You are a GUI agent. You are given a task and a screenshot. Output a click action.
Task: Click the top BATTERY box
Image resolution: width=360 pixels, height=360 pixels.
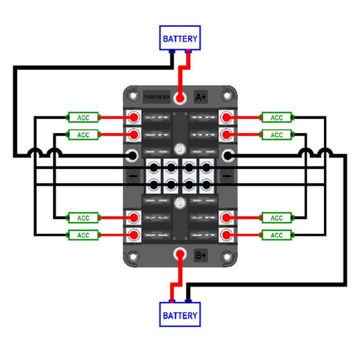180,38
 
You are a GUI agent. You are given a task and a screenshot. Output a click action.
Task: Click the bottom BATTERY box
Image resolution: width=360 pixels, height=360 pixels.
180,316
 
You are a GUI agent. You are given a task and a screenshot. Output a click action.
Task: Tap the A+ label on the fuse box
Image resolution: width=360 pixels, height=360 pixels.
201,97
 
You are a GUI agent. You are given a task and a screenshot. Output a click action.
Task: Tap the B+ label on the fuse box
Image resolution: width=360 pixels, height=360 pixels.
200,254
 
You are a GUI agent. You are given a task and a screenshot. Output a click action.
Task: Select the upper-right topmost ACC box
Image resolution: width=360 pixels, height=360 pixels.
275,118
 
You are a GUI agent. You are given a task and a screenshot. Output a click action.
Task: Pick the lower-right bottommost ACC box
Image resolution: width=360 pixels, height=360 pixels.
275,235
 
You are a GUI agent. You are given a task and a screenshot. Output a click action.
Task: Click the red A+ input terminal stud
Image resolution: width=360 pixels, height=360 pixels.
180,98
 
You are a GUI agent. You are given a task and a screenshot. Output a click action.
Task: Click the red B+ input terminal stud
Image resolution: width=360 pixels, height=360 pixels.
180,254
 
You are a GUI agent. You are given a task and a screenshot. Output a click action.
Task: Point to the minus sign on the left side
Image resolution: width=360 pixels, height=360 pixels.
134,178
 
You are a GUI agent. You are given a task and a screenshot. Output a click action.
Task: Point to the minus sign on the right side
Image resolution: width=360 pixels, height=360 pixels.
226,178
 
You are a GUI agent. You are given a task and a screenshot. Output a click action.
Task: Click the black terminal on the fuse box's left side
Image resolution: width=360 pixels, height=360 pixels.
134,157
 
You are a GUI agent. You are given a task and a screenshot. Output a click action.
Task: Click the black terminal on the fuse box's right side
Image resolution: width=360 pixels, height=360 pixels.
226,157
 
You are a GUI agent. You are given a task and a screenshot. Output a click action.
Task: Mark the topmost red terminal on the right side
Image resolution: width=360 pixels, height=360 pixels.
226,118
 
